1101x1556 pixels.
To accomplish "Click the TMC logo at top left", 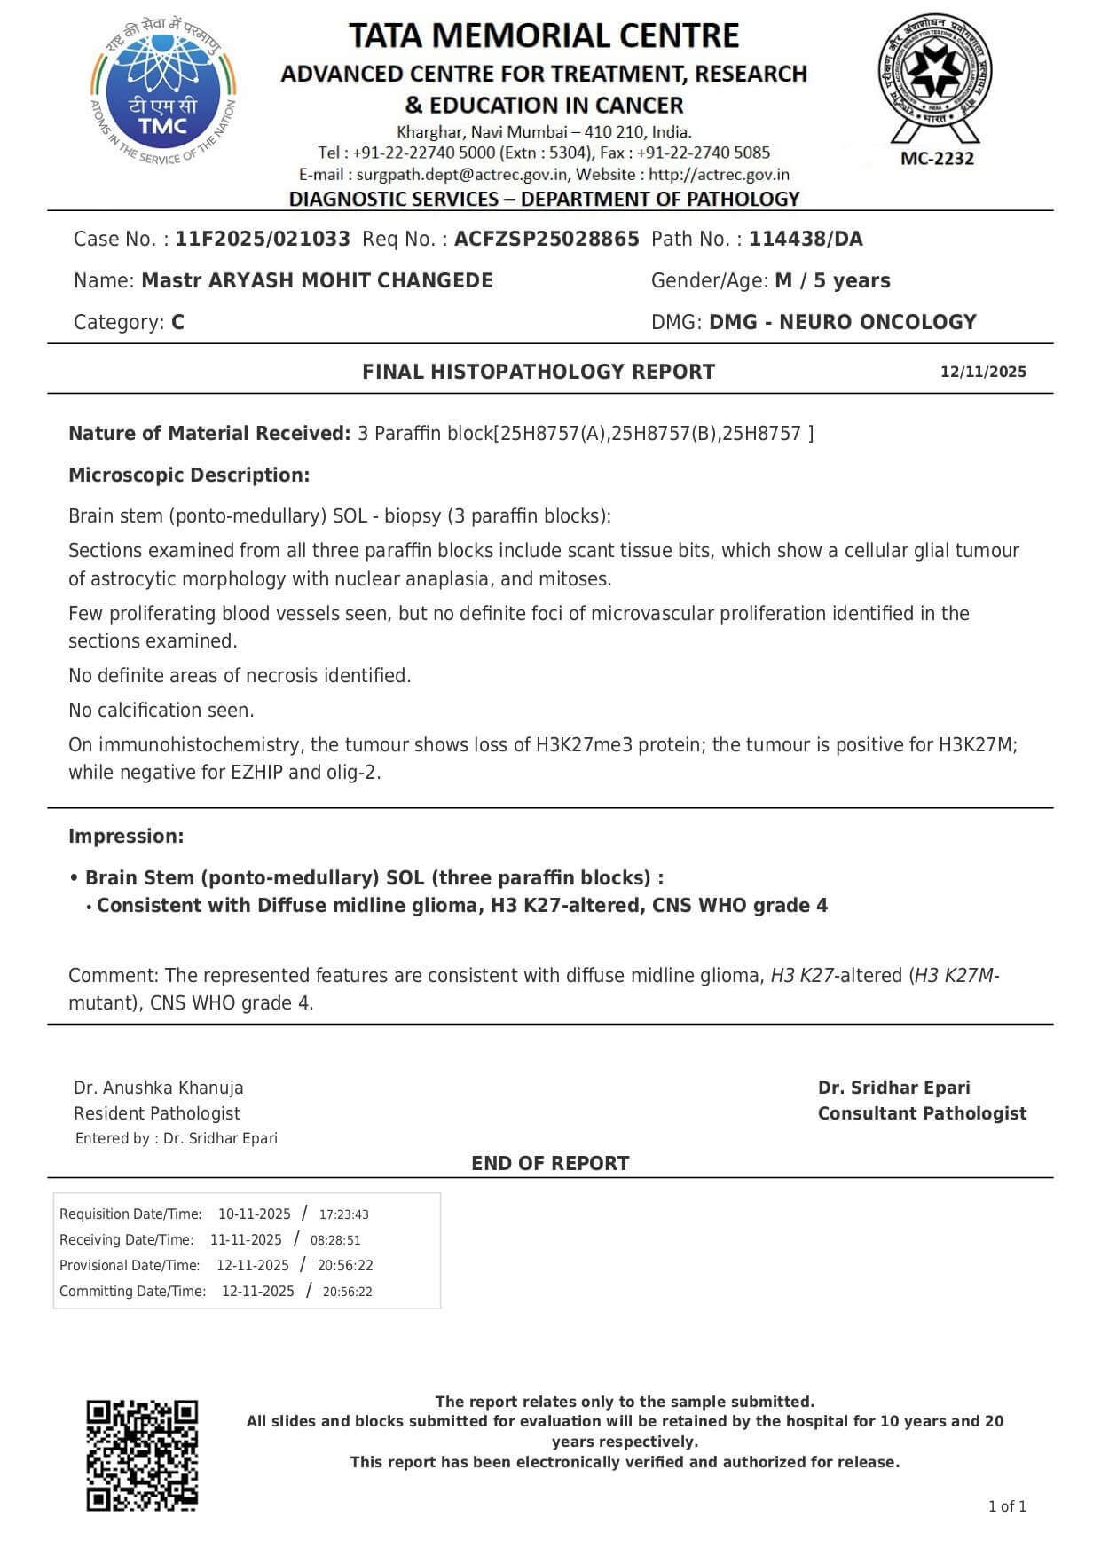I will click(x=163, y=94).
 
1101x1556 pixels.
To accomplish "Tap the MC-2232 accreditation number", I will click(x=937, y=159).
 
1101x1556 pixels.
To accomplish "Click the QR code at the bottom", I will click(x=142, y=1455).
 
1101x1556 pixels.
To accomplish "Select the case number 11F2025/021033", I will click(x=263, y=239).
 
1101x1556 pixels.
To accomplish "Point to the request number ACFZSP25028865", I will click(x=547, y=239).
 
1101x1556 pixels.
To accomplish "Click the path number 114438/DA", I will click(x=806, y=239).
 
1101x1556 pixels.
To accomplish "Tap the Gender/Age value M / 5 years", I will click(x=832, y=280).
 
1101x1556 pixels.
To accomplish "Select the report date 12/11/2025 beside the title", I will click(x=983, y=372).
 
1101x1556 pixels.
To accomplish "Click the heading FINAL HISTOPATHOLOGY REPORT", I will click(x=538, y=372).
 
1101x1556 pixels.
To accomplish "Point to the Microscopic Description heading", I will click(x=189, y=475).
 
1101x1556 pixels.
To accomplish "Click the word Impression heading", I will click(x=126, y=836).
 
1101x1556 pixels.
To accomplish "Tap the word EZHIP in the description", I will click(x=256, y=772).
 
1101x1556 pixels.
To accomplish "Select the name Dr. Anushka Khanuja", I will click(x=159, y=1088).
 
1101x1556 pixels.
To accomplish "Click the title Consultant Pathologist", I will click(x=922, y=1113).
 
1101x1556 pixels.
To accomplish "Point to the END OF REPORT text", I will click(x=550, y=1163).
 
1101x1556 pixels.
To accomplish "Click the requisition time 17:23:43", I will click(x=344, y=1214).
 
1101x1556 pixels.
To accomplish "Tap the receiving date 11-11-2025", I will click(x=246, y=1240).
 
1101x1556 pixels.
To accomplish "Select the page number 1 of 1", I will click(x=1007, y=1506).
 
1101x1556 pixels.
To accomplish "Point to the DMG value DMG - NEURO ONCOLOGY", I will click(x=842, y=322).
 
